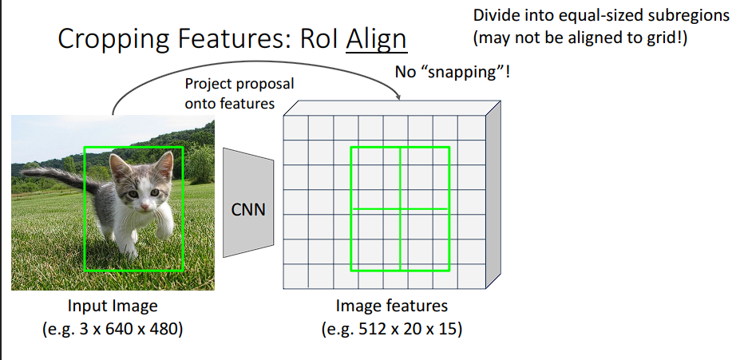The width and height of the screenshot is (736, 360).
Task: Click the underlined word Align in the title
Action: [x=376, y=39]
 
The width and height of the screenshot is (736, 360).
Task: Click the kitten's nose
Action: [x=144, y=205]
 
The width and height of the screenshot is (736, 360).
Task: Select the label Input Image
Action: [x=113, y=306]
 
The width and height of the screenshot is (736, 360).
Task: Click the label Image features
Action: [x=392, y=306]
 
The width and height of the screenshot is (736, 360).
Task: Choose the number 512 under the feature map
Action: [x=368, y=328]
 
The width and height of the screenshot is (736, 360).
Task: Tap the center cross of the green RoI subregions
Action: [x=399, y=209]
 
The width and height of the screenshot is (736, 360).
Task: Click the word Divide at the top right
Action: [x=494, y=15]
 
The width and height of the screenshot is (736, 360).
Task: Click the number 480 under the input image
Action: [x=163, y=328]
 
